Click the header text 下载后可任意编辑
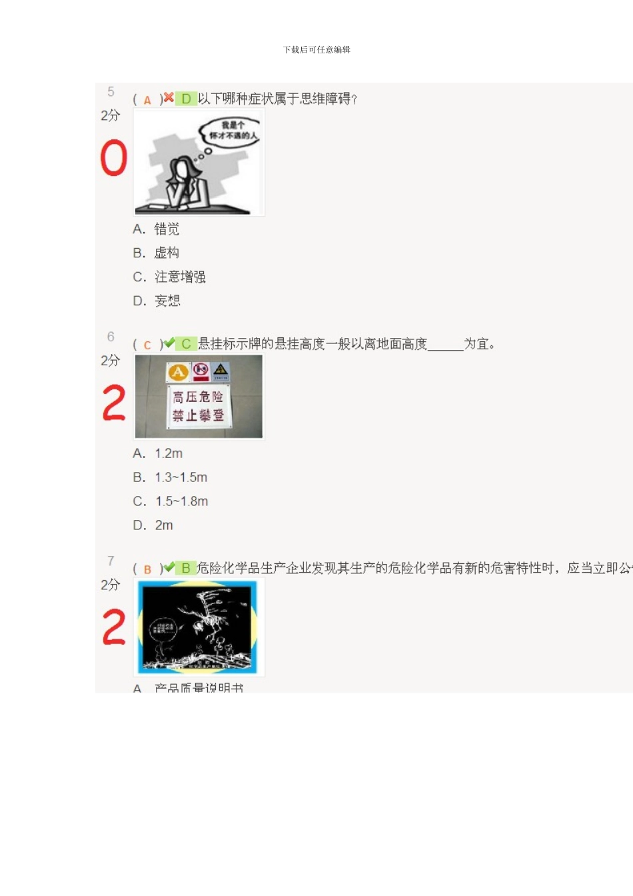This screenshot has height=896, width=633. (x=316, y=49)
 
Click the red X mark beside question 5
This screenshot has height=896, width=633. (x=169, y=98)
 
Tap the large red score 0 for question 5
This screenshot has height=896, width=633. (x=113, y=158)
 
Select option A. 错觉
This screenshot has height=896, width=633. (x=157, y=229)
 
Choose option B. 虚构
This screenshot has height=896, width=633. (x=157, y=253)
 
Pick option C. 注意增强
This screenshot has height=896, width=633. (x=169, y=277)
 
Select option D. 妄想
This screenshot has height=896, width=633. (x=157, y=301)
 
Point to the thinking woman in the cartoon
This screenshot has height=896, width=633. (x=186, y=183)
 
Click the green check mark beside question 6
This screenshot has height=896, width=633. (x=169, y=343)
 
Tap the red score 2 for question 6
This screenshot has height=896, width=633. (x=113, y=403)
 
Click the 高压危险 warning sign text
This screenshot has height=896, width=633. (x=198, y=397)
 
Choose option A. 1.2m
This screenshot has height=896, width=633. (x=158, y=454)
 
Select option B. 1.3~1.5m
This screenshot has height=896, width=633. (x=171, y=478)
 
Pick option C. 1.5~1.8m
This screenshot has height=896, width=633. (x=171, y=502)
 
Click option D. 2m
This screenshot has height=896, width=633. (x=153, y=526)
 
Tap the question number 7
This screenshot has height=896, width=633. (x=111, y=561)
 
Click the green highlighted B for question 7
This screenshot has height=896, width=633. (x=186, y=568)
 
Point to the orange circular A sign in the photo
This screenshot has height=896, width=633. (x=177, y=372)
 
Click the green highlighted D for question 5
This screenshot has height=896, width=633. (x=186, y=99)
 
